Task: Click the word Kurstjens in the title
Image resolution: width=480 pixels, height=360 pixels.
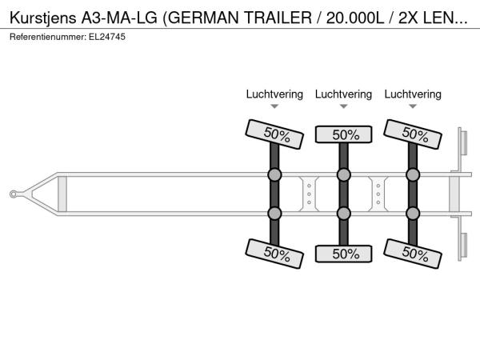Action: [x=43, y=18]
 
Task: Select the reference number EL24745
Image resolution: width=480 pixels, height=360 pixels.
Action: [x=107, y=37]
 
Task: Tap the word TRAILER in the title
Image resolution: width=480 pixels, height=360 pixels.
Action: [x=278, y=18]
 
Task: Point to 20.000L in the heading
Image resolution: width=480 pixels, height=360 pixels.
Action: [x=354, y=18]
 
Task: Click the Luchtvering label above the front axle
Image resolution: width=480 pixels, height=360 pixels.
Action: [x=274, y=94]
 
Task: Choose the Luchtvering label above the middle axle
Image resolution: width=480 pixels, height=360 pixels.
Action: [x=343, y=94]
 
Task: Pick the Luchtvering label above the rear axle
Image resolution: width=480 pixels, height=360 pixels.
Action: [x=413, y=94]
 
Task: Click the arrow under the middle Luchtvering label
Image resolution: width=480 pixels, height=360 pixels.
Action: [x=343, y=106]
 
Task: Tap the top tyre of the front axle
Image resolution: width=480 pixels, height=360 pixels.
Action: [x=274, y=134]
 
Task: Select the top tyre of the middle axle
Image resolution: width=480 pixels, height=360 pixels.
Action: [x=343, y=134]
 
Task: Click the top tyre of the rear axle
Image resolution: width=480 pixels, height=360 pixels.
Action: [x=413, y=134]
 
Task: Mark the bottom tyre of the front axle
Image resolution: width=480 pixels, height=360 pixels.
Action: [x=274, y=254]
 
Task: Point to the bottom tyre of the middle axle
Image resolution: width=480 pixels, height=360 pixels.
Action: [x=343, y=254]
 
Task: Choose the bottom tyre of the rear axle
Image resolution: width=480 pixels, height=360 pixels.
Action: [x=413, y=254]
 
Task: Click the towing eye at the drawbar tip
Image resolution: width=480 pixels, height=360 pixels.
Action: [x=13, y=194]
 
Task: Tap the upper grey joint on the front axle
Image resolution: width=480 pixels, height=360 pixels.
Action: [x=274, y=174]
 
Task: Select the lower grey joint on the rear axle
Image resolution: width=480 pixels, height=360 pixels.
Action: [x=413, y=214]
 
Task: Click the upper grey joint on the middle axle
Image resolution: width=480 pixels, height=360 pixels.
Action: [x=343, y=174]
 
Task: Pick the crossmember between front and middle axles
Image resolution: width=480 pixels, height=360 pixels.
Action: [x=309, y=194]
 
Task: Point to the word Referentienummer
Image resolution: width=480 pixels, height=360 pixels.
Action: [x=48, y=37]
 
